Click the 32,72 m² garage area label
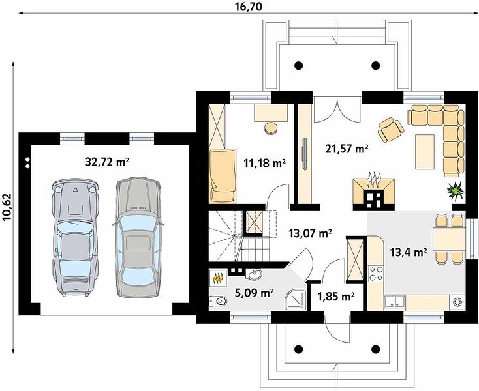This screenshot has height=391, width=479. tap(107, 162)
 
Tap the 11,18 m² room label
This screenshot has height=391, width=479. tap(264, 163)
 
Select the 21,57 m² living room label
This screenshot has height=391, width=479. tap(347, 149)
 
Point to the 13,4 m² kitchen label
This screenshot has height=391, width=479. tap(409, 252)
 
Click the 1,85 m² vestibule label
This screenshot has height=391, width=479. tap(335, 296)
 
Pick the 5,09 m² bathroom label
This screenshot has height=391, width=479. tap(254, 293)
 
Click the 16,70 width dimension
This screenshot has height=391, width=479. tap(249, 7)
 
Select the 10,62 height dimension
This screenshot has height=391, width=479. tap(7, 207)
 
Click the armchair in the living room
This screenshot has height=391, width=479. tap(391, 129)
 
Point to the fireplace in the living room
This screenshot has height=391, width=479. tap(374, 194)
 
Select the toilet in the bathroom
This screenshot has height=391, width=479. tap(218, 301)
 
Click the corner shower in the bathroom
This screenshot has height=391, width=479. tap(296, 300)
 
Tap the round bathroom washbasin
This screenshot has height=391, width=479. tap(254, 275)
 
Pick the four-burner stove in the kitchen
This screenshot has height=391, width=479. tap(376, 273)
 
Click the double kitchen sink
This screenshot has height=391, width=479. tap(395, 301)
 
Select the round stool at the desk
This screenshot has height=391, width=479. tap(271, 128)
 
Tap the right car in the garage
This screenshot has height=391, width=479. tap(138, 237)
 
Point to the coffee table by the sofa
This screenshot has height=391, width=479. tap(425, 152)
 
